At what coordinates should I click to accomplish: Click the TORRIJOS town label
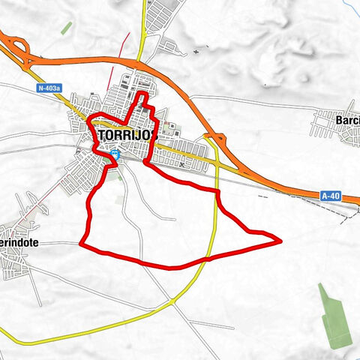pos(127,134)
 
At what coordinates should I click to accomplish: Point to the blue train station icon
pos(114,154)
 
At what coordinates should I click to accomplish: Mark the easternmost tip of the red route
pos(280,241)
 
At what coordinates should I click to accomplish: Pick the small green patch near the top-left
pos(66,28)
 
